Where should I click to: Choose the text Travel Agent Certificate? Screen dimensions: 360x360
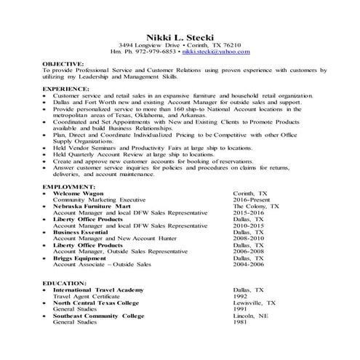point(87,296)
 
